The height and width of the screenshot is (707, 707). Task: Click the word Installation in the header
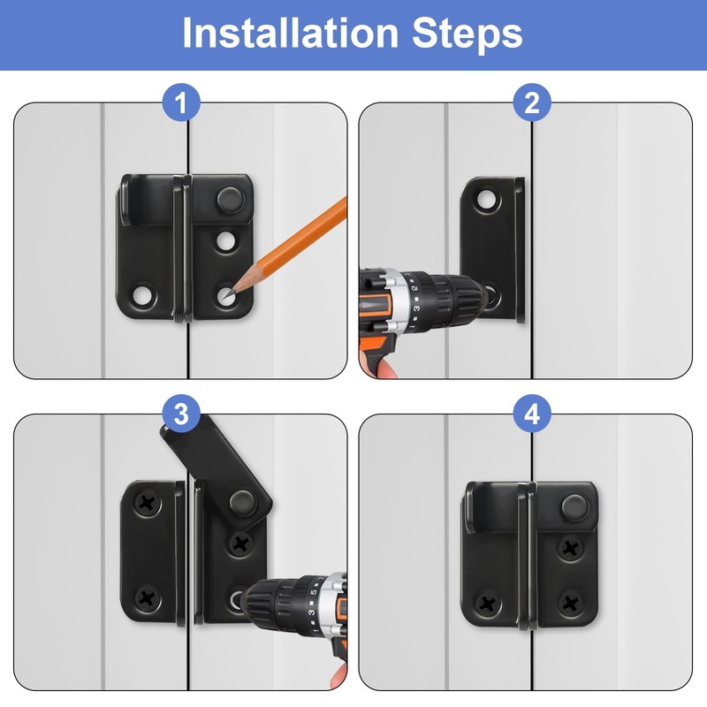[x=290, y=33]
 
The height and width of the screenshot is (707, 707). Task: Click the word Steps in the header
[x=468, y=34]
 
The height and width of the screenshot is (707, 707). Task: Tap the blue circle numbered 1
[x=181, y=103]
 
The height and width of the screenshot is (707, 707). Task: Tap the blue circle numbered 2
[x=532, y=103]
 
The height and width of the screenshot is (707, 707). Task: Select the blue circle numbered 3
[x=181, y=414]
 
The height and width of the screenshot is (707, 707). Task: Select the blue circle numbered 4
[x=532, y=414]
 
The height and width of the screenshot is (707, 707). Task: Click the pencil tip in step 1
[x=230, y=294]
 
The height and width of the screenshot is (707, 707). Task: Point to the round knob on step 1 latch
[x=231, y=200]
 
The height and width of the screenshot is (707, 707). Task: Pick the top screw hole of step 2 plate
[x=486, y=200]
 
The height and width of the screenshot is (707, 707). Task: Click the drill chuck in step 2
[x=459, y=295]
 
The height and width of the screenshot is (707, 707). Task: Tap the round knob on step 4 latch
[x=575, y=506]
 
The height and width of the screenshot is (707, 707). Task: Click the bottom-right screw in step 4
[x=571, y=603]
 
